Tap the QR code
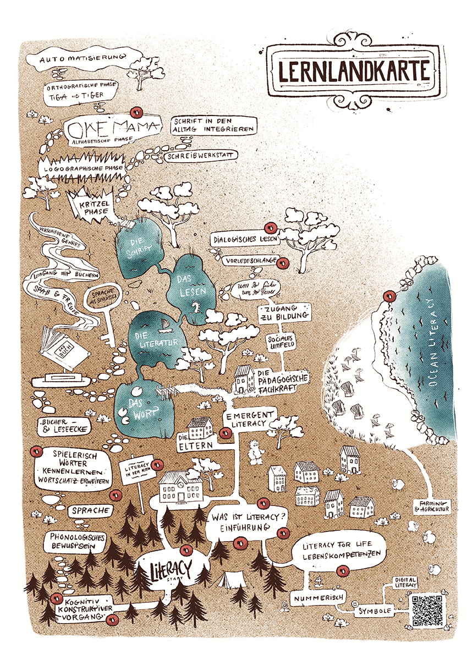(x=427, y=610)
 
